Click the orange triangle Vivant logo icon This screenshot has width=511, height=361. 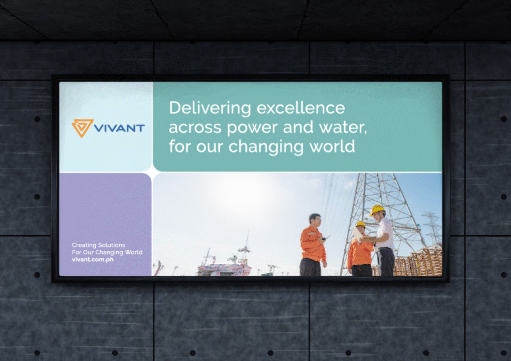[x=83, y=127]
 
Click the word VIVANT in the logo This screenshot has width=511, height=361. [x=119, y=128]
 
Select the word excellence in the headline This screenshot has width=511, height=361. [x=301, y=108]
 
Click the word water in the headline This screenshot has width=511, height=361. [x=343, y=127]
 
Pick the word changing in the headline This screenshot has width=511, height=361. [x=266, y=147]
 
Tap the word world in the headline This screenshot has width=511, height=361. [x=332, y=146]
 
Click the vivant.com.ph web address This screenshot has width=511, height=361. [x=93, y=260]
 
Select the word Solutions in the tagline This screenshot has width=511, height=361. [x=112, y=245]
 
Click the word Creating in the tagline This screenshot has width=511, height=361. [x=84, y=245]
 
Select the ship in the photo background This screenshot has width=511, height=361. [x=224, y=264]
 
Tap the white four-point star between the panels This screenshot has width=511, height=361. [x=152, y=172]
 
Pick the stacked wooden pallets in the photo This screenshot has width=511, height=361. [x=418, y=261]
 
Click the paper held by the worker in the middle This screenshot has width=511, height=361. [x=358, y=234]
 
